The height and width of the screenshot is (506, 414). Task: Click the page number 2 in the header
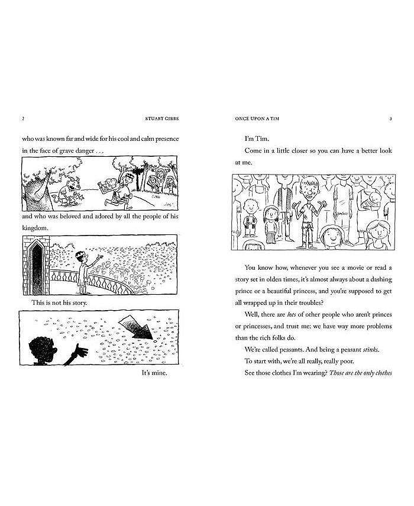[x=22, y=118]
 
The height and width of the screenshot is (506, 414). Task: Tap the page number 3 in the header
[x=391, y=118]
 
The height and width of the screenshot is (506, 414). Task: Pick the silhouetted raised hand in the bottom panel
[x=77, y=354]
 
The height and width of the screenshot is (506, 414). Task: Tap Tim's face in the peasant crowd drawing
[x=306, y=189]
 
